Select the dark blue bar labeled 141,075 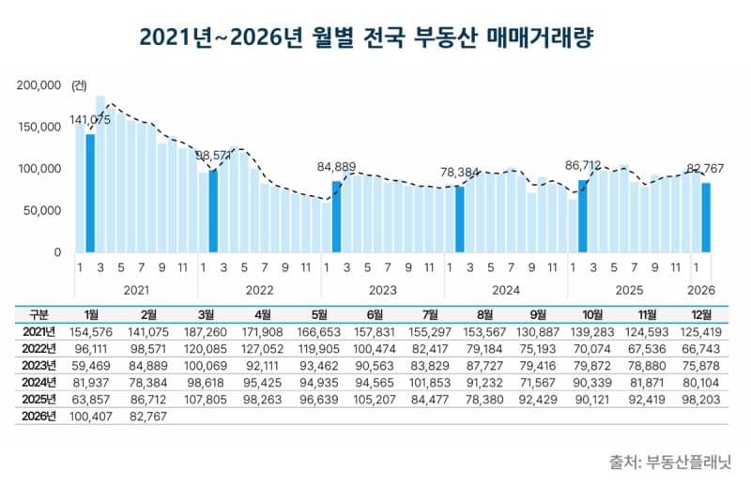coord(90,194)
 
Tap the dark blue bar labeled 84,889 coord(336,217)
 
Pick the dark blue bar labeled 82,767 coord(706,218)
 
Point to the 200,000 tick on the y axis coord(39,85)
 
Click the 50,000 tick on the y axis coord(43,211)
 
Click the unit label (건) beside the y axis coord(78,85)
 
